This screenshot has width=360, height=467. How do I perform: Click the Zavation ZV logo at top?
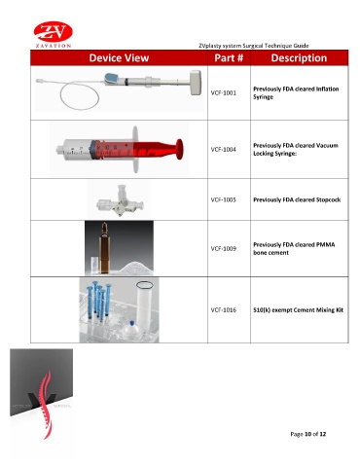click(54, 35)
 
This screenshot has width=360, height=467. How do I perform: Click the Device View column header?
click(119, 58)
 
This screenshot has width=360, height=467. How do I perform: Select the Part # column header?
click(229, 58)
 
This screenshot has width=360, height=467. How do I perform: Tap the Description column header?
click(299, 58)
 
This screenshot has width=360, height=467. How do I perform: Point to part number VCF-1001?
click(224, 92)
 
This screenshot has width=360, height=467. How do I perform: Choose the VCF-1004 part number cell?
click(224, 149)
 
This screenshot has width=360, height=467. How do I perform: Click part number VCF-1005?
click(224, 199)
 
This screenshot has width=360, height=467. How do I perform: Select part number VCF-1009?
click(224, 249)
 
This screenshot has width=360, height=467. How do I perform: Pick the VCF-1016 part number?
click(224, 310)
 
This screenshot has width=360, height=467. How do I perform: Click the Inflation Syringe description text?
click(296, 92)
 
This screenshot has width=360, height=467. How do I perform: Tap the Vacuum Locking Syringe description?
click(296, 149)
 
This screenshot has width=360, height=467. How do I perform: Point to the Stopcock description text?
click(297, 199)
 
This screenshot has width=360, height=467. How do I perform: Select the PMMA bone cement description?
click(294, 249)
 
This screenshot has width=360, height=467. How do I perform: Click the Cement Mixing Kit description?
click(298, 310)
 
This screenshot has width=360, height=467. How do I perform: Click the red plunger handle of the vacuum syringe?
click(179, 149)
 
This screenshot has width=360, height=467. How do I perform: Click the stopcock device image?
click(120, 201)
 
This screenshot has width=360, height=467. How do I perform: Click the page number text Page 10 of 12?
click(308, 434)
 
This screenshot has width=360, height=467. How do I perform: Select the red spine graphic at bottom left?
click(47, 406)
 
